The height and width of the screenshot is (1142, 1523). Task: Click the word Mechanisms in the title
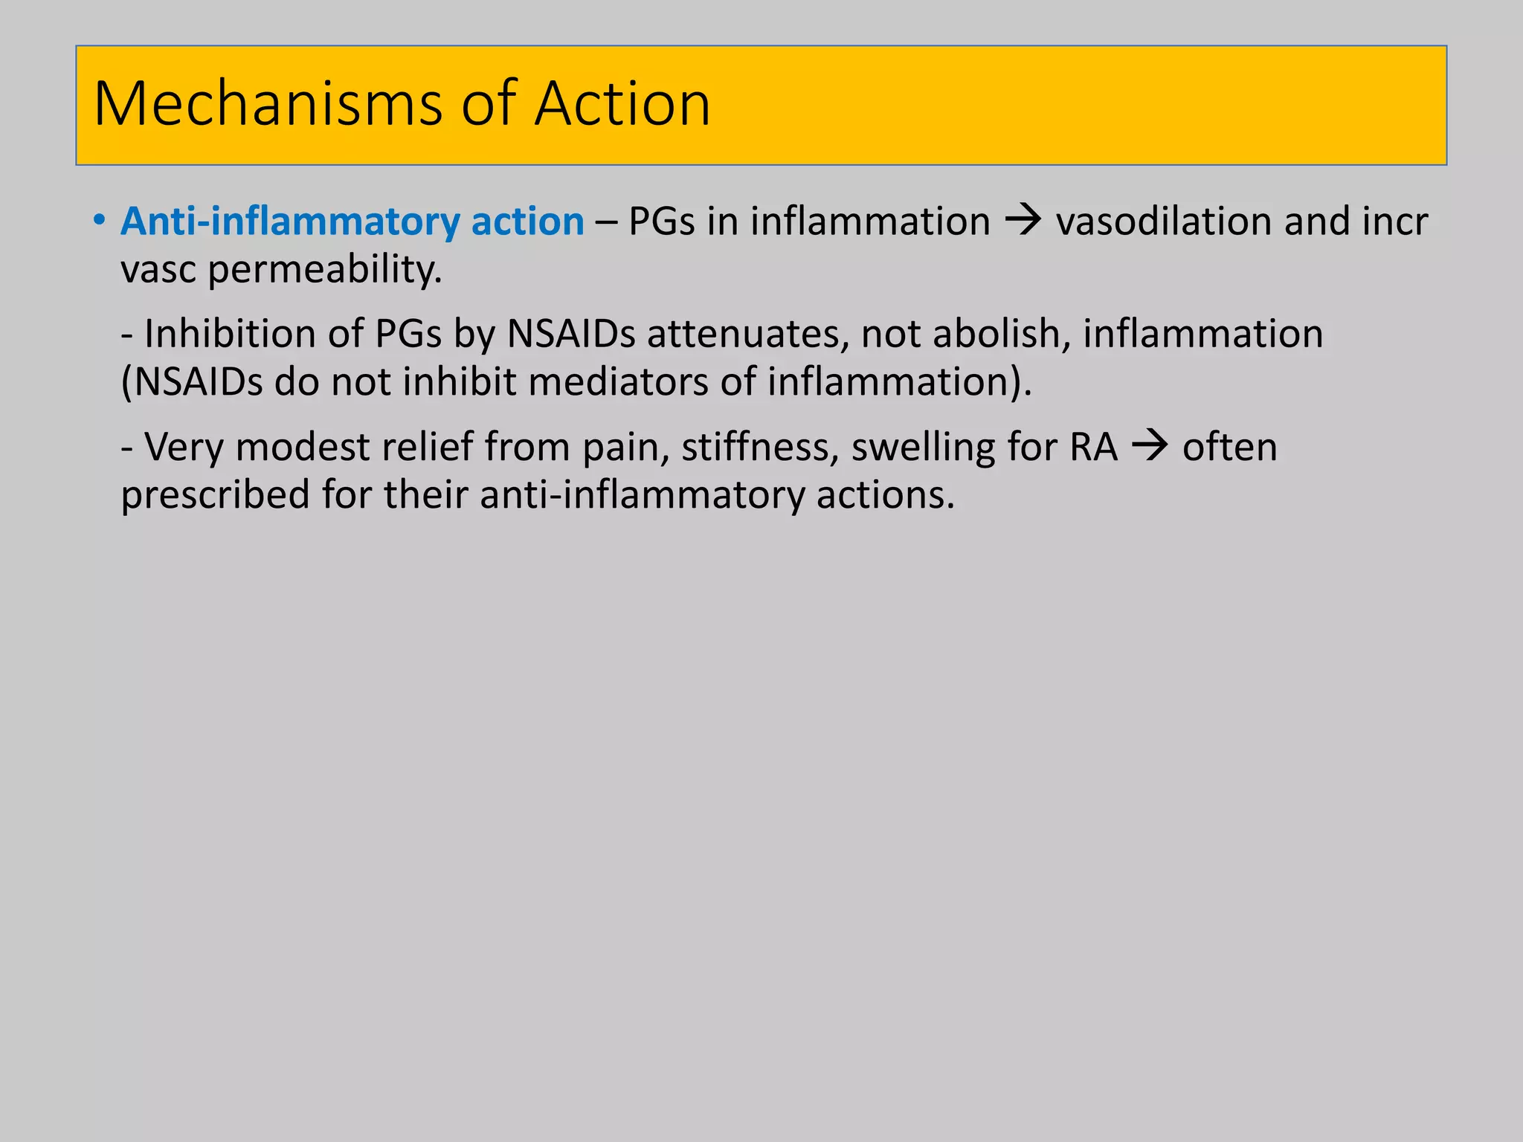tap(268, 103)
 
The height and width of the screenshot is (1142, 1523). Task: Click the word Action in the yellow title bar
tap(622, 103)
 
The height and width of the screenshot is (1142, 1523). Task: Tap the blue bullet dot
tap(100, 221)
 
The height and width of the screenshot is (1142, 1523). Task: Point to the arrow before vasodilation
tap(1023, 221)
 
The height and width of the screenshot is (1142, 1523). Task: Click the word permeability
tap(325, 269)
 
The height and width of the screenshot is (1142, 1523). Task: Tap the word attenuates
tap(748, 334)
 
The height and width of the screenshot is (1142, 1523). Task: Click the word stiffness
tap(760, 448)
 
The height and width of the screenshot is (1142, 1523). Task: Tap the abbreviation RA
tap(1094, 448)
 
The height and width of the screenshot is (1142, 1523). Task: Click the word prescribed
tap(215, 495)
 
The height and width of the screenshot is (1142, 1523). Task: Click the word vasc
tap(158, 269)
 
